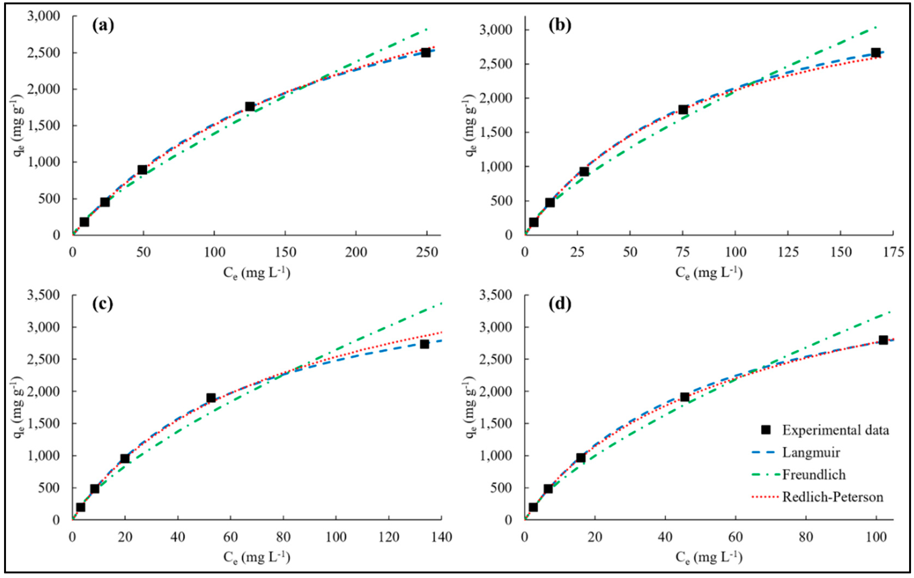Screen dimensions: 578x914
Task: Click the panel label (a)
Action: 103,25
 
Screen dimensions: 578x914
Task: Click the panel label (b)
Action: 560,25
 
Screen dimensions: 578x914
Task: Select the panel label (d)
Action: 560,304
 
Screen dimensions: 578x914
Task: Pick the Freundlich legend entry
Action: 814,474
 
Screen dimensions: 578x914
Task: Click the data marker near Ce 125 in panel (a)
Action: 250,107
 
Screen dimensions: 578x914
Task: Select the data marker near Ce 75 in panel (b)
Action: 683,110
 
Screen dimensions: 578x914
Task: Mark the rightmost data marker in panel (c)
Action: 424,344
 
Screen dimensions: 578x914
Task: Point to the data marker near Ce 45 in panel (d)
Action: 685,397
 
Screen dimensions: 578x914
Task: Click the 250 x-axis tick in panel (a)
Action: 427,252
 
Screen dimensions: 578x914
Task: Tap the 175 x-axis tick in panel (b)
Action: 893,252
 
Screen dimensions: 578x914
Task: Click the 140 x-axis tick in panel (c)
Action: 441,537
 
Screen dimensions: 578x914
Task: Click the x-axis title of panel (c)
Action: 257,557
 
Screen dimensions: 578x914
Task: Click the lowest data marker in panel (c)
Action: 80,507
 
